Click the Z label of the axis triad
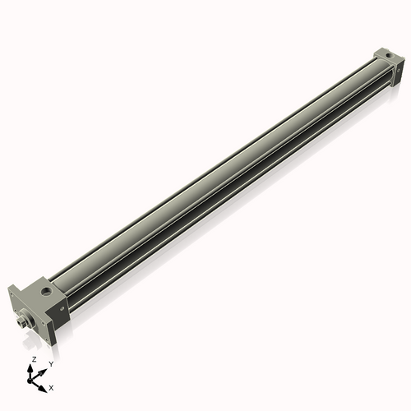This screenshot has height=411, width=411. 34,360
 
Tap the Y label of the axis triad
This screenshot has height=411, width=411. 51,363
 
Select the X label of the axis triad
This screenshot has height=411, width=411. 51,386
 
